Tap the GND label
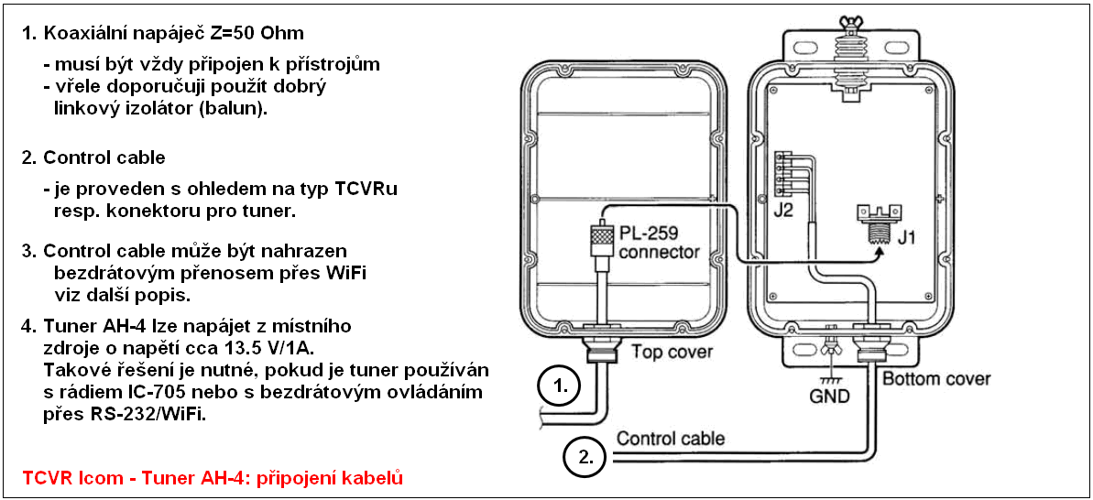click(831, 397)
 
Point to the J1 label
click(907, 241)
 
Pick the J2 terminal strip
click(784, 175)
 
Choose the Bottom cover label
click(935, 377)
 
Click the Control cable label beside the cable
click(671, 438)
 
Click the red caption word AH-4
click(187, 478)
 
